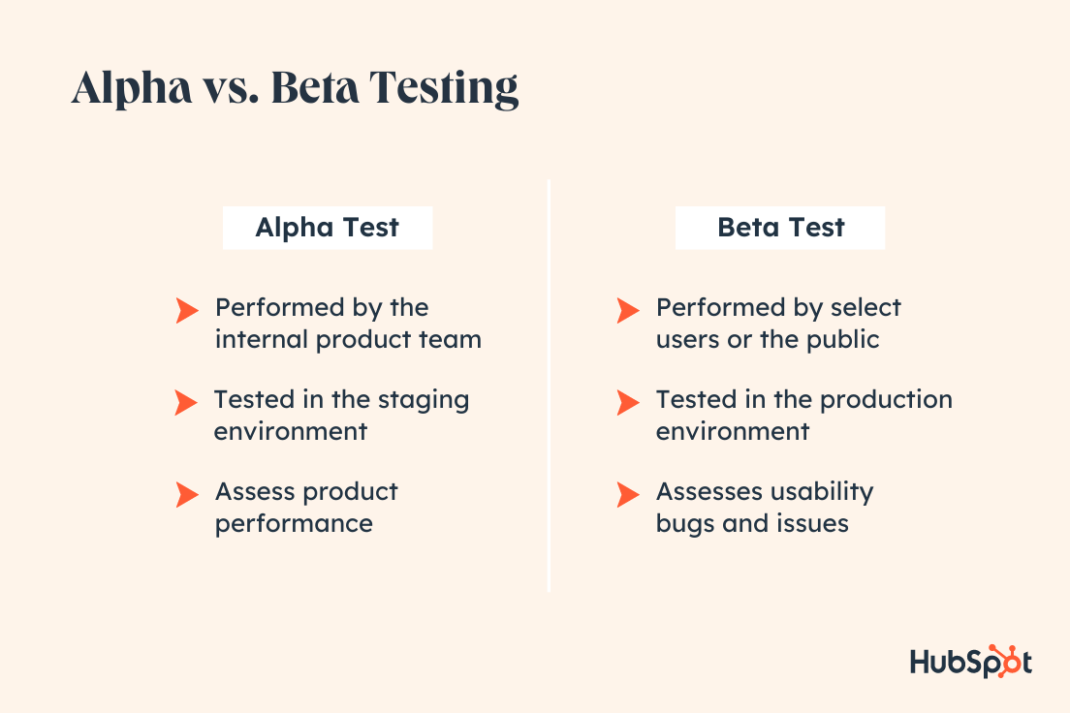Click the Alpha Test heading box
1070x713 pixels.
328,228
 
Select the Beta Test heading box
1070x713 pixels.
780,228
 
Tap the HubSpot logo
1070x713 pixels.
970,662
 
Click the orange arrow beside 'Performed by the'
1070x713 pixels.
186,310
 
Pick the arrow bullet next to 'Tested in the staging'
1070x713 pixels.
186,403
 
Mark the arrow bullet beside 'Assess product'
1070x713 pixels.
186,494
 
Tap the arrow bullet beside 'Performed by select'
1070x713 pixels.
628,310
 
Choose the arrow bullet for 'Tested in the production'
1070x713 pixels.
628,403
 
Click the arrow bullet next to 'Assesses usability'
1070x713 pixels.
628,494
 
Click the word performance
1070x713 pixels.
294,524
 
